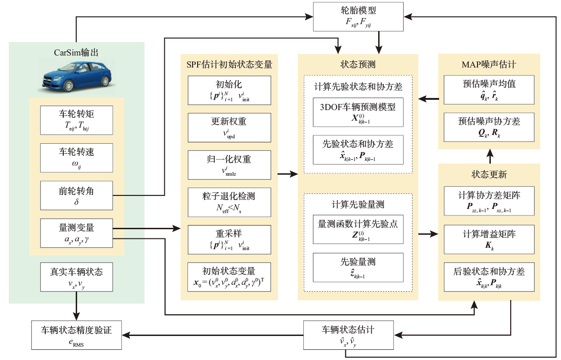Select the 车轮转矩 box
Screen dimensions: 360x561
[x=77, y=119]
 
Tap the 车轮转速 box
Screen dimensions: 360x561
[x=77, y=156]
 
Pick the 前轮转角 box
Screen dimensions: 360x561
[x=77, y=194]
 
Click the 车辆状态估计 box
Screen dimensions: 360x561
[x=348, y=335]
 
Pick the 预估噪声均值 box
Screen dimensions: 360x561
[x=489, y=89]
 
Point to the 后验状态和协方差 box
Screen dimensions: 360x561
[x=489, y=276]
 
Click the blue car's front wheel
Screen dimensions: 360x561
[x=69, y=86]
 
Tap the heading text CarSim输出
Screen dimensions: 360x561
[x=76, y=53]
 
